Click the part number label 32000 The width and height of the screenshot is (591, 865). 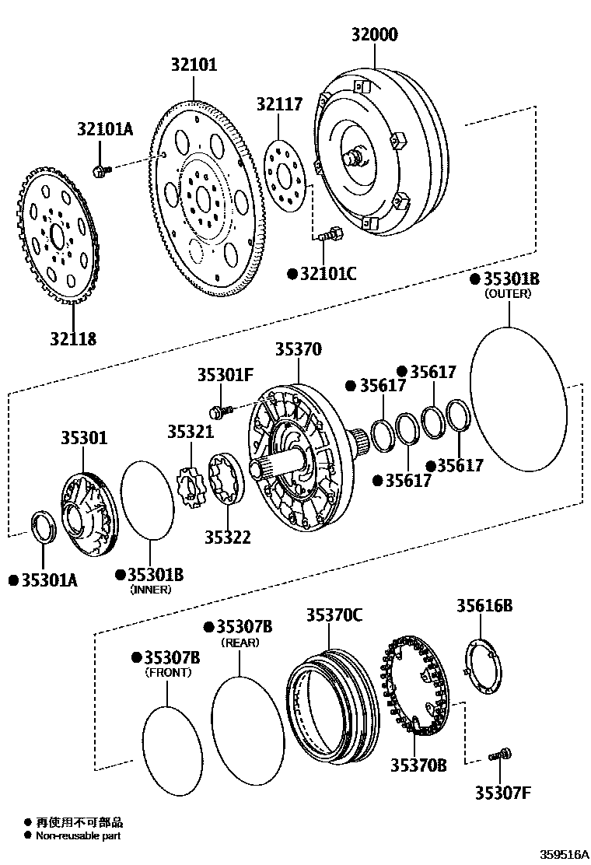tap(374, 35)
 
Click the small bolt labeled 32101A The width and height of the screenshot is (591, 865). tap(100, 170)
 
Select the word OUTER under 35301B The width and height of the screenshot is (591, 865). tap(507, 294)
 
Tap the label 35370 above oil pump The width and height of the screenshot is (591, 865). tap(298, 349)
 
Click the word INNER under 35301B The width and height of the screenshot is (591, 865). tap(150, 590)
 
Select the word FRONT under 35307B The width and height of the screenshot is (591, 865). tap(168, 672)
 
